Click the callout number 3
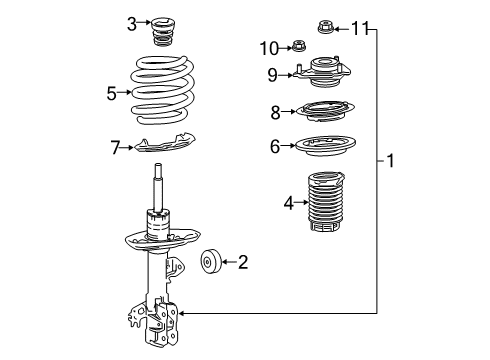point(132,24)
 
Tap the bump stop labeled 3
point(163,33)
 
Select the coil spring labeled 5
point(162,90)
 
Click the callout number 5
point(112,93)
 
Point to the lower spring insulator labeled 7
point(165,143)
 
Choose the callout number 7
point(115,147)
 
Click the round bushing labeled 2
point(211,262)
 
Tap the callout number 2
point(243,262)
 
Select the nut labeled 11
point(325,27)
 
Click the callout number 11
point(360,28)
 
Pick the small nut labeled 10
point(299,46)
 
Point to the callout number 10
point(269,49)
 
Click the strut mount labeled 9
point(322,72)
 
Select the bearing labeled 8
point(325,111)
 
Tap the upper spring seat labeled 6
point(325,146)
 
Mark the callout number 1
point(390,161)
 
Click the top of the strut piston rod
point(158,164)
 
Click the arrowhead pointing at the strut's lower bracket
point(182,313)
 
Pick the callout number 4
point(289,203)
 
